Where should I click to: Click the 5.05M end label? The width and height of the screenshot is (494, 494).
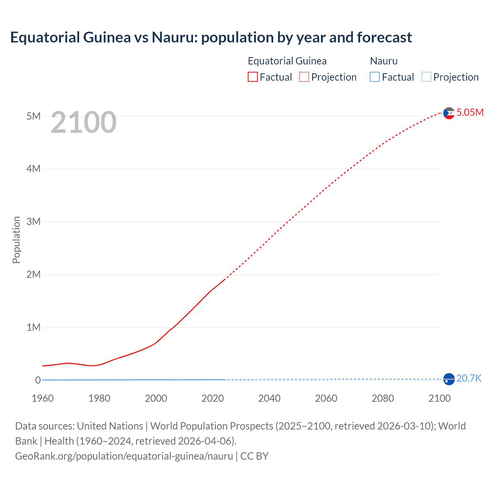click(470, 112)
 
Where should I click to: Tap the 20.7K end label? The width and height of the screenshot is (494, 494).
click(469, 378)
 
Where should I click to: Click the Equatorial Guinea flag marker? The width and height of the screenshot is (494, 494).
click(449, 113)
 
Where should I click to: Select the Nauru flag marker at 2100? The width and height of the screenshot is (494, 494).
click(449, 379)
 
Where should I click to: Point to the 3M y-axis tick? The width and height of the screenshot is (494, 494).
click(33, 222)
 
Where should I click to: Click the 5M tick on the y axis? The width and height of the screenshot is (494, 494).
click(33, 116)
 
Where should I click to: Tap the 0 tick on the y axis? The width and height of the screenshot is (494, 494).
click(38, 380)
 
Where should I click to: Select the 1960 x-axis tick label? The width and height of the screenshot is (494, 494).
click(42, 398)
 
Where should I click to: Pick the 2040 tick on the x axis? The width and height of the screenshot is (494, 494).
click(269, 398)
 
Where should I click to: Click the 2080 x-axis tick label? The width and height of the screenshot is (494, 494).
click(383, 398)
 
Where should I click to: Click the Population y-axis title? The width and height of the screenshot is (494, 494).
click(16, 240)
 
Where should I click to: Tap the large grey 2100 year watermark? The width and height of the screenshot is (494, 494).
click(83, 122)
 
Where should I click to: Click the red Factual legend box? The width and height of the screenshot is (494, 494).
click(253, 77)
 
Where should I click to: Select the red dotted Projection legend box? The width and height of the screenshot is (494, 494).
click(304, 77)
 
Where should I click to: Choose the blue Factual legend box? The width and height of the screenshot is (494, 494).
click(375, 77)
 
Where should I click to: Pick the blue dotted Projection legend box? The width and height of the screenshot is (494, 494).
click(426, 77)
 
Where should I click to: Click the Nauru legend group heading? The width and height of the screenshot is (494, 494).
click(384, 61)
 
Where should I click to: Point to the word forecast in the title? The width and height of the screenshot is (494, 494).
click(384, 37)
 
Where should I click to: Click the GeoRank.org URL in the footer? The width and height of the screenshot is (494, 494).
click(124, 456)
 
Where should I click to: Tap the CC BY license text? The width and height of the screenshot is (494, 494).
click(254, 456)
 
